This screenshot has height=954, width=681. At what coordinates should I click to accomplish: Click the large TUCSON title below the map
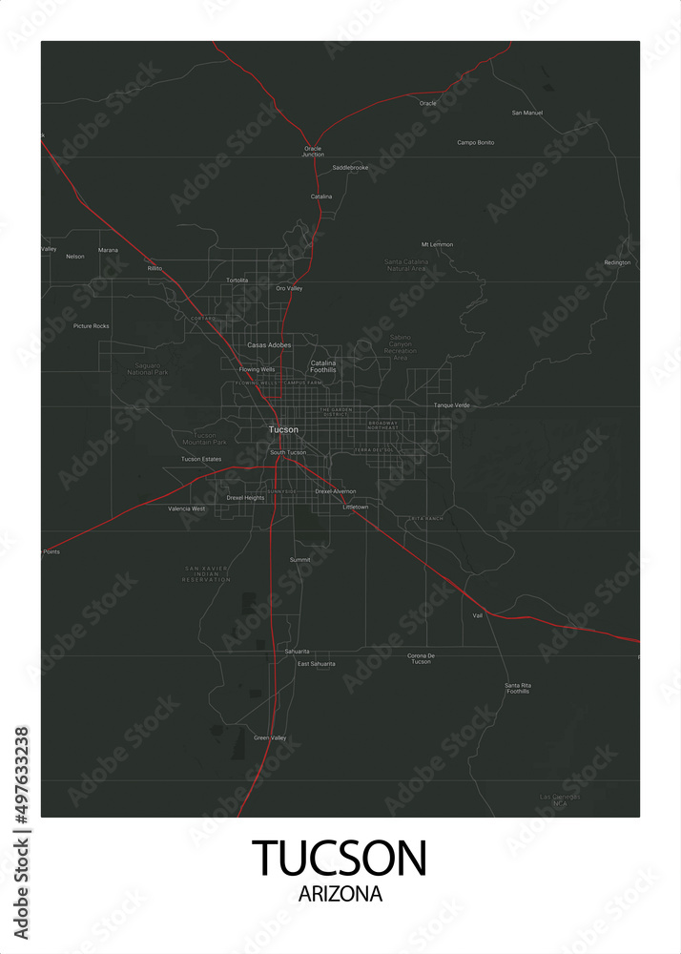point(340,858)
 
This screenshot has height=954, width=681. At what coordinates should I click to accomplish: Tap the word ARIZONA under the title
point(340,895)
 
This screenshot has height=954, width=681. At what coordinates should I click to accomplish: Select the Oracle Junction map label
point(313,151)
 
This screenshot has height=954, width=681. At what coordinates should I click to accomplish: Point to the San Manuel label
point(526,113)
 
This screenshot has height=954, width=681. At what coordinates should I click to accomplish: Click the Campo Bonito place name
point(475,142)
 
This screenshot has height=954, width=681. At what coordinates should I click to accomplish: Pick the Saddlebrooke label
point(350,167)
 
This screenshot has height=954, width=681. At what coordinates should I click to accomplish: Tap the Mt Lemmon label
point(437,244)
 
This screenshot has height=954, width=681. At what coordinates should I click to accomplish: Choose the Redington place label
point(617,262)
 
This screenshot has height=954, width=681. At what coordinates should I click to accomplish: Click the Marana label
point(109,250)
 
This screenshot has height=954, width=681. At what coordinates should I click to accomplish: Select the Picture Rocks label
point(92,326)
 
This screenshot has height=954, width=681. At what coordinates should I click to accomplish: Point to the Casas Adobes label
point(269,344)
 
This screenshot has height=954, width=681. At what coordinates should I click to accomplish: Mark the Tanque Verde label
point(452,404)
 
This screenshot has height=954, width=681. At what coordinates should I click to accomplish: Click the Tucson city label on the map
point(283,429)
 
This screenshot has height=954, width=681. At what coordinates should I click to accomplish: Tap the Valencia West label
point(186,508)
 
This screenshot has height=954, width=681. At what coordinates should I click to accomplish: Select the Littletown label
point(355,507)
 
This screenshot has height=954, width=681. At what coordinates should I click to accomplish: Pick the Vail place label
point(478,615)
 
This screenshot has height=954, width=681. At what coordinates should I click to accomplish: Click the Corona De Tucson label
point(421,658)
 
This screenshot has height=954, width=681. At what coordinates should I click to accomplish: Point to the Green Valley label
point(270,737)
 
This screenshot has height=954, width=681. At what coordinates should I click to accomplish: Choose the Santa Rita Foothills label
point(517,688)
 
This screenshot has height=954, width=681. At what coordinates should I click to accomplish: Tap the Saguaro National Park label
point(147,368)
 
